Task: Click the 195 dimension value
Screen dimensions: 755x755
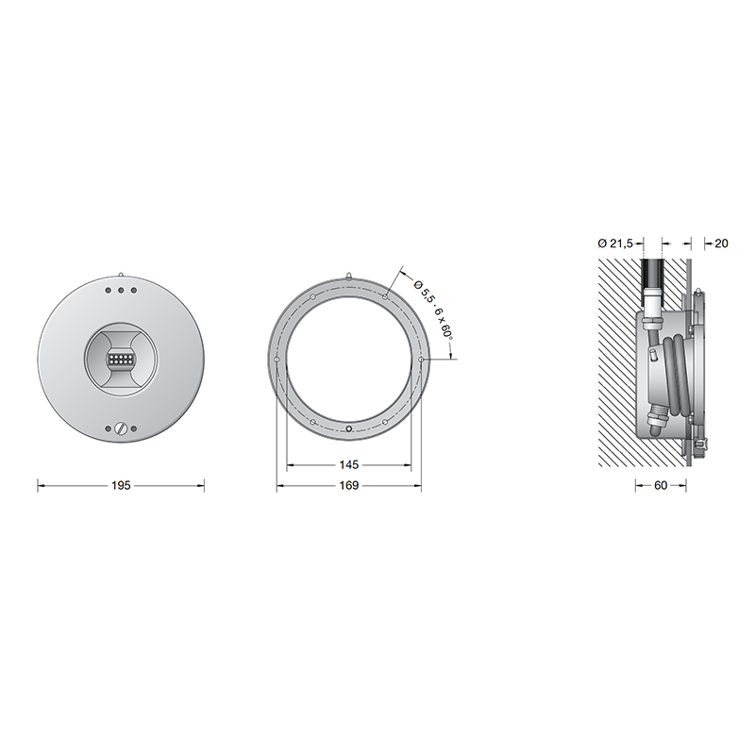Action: click(x=121, y=485)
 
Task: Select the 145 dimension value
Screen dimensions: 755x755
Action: click(x=348, y=464)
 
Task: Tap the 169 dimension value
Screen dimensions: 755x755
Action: click(x=348, y=485)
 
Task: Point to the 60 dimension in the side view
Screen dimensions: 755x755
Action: click(x=660, y=485)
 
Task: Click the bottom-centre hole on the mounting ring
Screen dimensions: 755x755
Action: click(x=348, y=429)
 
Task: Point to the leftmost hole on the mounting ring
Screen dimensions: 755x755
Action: click(x=275, y=360)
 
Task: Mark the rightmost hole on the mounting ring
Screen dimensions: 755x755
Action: click(x=421, y=360)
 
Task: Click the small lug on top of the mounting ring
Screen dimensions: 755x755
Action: click(x=348, y=276)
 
